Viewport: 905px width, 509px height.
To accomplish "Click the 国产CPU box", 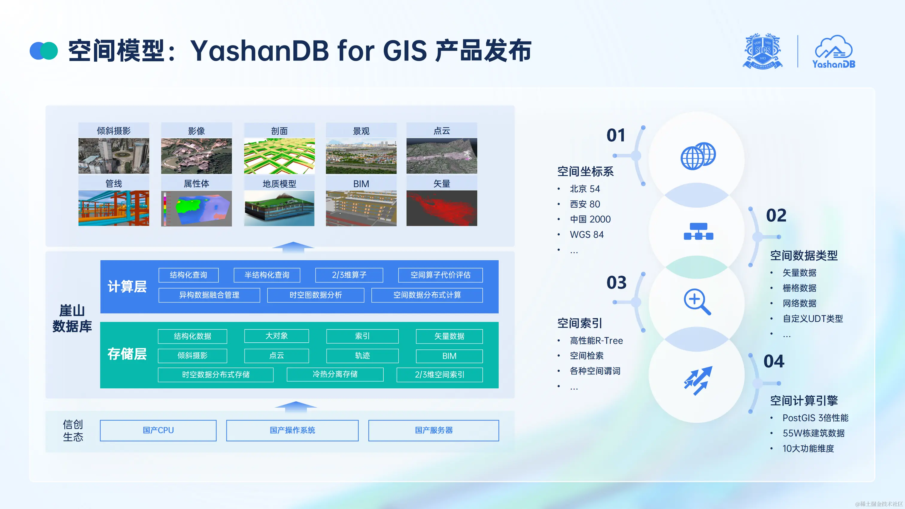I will [158, 430].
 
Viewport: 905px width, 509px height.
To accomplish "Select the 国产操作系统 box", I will [292, 430].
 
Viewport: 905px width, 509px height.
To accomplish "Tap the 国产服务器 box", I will [434, 430].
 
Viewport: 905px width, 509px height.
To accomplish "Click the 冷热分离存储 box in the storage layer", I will [335, 374].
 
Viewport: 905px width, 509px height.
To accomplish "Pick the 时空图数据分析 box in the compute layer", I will [315, 295].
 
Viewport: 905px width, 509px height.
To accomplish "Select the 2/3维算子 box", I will [349, 275].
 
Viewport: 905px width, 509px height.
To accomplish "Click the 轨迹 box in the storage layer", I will [362, 356].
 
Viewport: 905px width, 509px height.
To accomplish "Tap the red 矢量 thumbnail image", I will [442, 208].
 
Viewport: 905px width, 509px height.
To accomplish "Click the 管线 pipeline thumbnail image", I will [113, 208].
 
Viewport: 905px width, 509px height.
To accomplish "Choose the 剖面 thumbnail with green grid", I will [279, 156].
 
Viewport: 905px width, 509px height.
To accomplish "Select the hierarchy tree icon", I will [698, 232].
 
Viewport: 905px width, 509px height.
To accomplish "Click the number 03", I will [616, 283].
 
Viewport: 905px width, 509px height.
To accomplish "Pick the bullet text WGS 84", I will [586, 235].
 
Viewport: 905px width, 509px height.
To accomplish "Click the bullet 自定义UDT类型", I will [812, 319].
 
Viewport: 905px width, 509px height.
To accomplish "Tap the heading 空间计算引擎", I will [804, 400].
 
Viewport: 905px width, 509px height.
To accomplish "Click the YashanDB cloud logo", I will [833, 52].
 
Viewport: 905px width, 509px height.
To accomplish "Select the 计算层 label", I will [127, 287].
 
